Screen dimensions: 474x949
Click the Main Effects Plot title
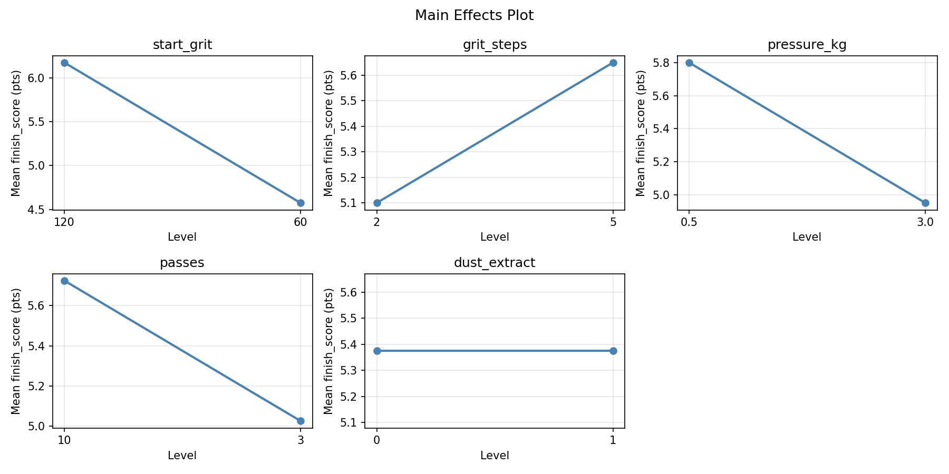coord(474,15)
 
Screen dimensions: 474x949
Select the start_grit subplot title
coord(182,45)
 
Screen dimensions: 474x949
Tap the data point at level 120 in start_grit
coord(64,63)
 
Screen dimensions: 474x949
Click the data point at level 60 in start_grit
coord(301,203)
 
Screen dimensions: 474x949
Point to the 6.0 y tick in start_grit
coord(40,78)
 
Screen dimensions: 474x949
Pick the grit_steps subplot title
coord(495,45)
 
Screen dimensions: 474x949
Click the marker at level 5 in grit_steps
coord(613,63)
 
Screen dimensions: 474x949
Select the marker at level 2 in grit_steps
coord(377,203)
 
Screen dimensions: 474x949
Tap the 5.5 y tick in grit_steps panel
coord(353,101)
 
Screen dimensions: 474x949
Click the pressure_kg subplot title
coord(807,45)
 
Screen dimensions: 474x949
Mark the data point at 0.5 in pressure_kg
coord(689,63)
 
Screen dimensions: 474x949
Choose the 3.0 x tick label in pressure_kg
coord(925,222)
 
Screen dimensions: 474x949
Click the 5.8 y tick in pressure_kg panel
coord(665,63)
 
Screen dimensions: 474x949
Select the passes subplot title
coord(182,263)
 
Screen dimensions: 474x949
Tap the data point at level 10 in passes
coord(64,281)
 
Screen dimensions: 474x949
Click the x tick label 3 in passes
coord(301,440)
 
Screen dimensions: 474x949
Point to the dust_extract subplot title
coord(495,263)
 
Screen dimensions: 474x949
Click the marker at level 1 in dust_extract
coord(613,351)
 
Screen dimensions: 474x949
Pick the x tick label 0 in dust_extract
coord(377,440)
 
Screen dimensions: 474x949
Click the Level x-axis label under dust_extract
coord(495,456)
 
